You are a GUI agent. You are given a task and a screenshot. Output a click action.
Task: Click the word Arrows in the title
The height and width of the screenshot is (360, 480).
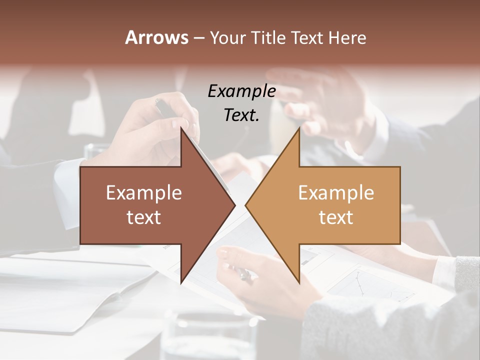(x=156, y=37)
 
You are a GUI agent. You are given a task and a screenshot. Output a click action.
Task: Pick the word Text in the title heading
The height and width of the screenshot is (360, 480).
(x=307, y=37)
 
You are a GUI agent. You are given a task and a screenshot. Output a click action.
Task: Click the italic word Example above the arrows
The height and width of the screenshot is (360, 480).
(x=241, y=91)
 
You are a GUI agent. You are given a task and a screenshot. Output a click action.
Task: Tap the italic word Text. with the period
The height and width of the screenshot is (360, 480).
(x=241, y=115)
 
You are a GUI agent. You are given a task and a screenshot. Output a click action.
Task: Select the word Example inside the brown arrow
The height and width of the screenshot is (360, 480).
(x=144, y=193)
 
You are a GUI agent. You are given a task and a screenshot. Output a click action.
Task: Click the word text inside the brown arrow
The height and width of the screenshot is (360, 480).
(x=144, y=217)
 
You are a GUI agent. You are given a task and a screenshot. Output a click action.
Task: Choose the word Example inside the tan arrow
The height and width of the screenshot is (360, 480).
(x=336, y=193)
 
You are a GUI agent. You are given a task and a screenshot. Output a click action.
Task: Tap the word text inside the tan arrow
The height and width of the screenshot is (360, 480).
(x=336, y=217)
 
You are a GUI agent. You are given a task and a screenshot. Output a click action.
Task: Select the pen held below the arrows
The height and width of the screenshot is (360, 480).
(x=243, y=273)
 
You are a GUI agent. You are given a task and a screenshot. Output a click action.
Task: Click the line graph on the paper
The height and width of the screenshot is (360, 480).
(x=360, y=285)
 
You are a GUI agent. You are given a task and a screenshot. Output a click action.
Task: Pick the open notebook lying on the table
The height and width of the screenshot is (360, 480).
(x=75, y=290)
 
